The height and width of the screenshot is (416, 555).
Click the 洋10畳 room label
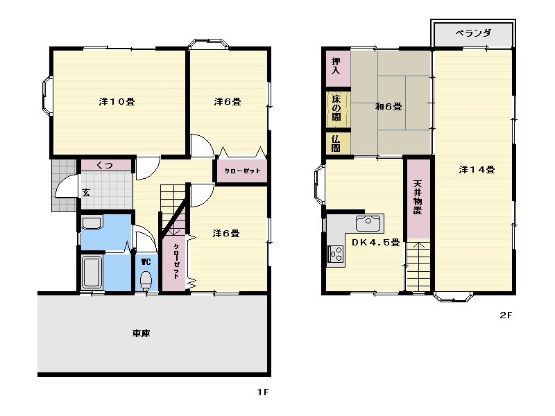point(117,102)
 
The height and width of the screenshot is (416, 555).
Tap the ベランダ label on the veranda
point(473,33)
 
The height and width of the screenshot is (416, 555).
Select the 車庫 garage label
point(142,333)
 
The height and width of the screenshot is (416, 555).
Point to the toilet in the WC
point(146,281)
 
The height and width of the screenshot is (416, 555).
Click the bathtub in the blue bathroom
point(92,272)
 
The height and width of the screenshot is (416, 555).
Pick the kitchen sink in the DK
point(368,223)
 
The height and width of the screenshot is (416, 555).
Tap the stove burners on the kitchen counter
point(336,254)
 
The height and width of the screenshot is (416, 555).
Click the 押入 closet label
point(336,66)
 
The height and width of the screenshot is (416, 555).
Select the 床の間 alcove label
point(336,108)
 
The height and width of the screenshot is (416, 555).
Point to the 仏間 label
point(336,144)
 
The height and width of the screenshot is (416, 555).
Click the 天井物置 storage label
point(418,198)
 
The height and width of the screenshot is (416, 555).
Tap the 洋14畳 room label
point(477,170)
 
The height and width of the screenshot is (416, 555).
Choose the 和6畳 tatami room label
point(388,106)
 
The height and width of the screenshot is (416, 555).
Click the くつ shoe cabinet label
point(105,165)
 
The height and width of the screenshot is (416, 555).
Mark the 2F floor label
point(506,315)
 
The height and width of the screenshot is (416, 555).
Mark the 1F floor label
point(263,392)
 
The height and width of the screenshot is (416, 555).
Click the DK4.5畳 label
point(375,242)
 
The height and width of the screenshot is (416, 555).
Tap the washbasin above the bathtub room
point(92,223)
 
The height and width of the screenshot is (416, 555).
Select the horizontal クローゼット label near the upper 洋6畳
point(242,171)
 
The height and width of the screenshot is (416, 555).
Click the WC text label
point(146,262)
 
